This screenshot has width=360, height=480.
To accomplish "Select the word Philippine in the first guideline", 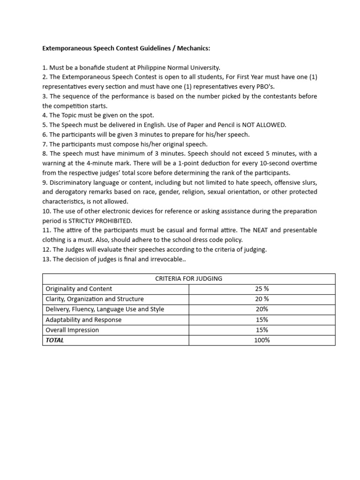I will pyautogui.click(x=161, y=67).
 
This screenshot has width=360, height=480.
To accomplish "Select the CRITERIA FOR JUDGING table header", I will pyautogui.click(x=188, y=278).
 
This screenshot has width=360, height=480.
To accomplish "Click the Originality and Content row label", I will pyautogui.click(x=79, y=289).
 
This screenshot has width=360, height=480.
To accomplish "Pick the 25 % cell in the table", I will pyautogui.click(x=262, y=289).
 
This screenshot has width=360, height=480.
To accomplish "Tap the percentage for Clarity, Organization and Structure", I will pyautogui.click(x=262, y=299).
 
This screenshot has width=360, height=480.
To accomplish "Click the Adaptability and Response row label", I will pyautogui.click(x=83, y=320).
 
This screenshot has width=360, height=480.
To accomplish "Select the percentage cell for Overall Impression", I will pyautogui.click(x=262, y=330).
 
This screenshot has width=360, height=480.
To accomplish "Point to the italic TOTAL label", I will pyautogui.click(x=55, y=340).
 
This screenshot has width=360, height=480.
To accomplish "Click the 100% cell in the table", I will pyautogui.click(x=262, y=340).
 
